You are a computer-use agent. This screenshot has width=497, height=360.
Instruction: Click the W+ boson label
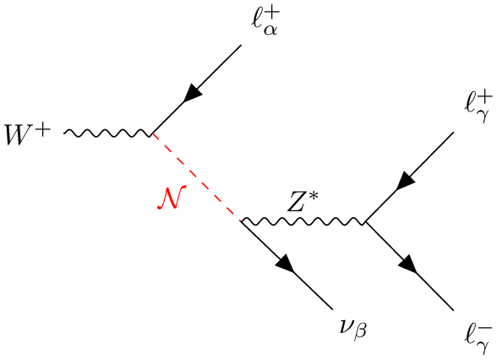28,134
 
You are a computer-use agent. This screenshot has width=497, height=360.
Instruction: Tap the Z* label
302,201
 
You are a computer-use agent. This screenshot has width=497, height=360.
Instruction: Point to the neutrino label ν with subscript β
352,330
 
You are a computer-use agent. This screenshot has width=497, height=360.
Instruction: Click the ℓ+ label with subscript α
265,22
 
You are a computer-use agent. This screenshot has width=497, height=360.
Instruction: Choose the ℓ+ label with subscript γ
478,107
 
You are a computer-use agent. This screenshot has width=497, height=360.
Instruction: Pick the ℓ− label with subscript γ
478,338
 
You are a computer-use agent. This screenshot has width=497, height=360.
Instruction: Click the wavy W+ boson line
108,134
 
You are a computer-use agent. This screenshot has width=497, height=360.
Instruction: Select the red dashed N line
196,177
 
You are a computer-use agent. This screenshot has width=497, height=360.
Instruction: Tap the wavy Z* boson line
303,221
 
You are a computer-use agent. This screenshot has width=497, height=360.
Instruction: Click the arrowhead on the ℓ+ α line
193,93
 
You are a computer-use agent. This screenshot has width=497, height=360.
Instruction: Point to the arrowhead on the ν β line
286,263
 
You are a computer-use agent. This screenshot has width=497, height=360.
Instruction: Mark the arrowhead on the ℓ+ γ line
406,181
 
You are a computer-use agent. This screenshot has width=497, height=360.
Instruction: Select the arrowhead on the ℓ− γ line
407,264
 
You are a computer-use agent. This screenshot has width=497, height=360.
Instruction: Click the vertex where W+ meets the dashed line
152,134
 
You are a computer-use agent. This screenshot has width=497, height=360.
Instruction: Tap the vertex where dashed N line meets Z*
242,221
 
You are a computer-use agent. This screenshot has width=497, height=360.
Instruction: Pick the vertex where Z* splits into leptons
365,221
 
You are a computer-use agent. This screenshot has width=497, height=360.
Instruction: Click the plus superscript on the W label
43,130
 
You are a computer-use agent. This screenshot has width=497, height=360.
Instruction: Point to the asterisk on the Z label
313,197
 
